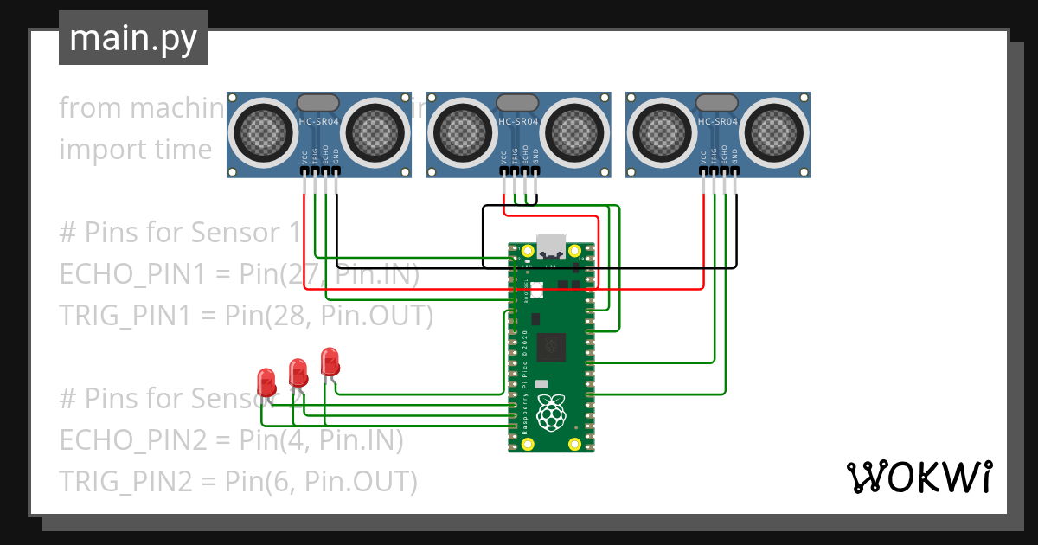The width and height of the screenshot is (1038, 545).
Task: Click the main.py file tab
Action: tap(132, 38)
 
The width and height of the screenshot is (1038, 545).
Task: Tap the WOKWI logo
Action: tap(918, 477)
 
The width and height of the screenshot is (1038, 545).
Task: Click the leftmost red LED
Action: tap(266, 380)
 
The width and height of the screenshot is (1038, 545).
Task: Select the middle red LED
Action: tap(298, 371)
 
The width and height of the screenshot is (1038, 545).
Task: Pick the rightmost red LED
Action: tap(330, 360)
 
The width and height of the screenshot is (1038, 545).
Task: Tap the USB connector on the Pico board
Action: tap(551, 246)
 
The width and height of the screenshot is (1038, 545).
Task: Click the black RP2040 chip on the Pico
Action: tap(551, 348)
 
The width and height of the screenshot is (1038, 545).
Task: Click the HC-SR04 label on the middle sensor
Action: tap(518, 122)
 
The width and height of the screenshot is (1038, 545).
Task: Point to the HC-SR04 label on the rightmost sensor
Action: tap(717, 122)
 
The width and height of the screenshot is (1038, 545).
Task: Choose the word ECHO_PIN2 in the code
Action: tap(132, 440)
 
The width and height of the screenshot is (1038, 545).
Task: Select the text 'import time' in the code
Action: tap(135, 150)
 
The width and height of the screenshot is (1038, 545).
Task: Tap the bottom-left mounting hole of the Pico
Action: tap(528, 444)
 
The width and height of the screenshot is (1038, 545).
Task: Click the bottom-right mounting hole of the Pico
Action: tap(574, 444)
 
